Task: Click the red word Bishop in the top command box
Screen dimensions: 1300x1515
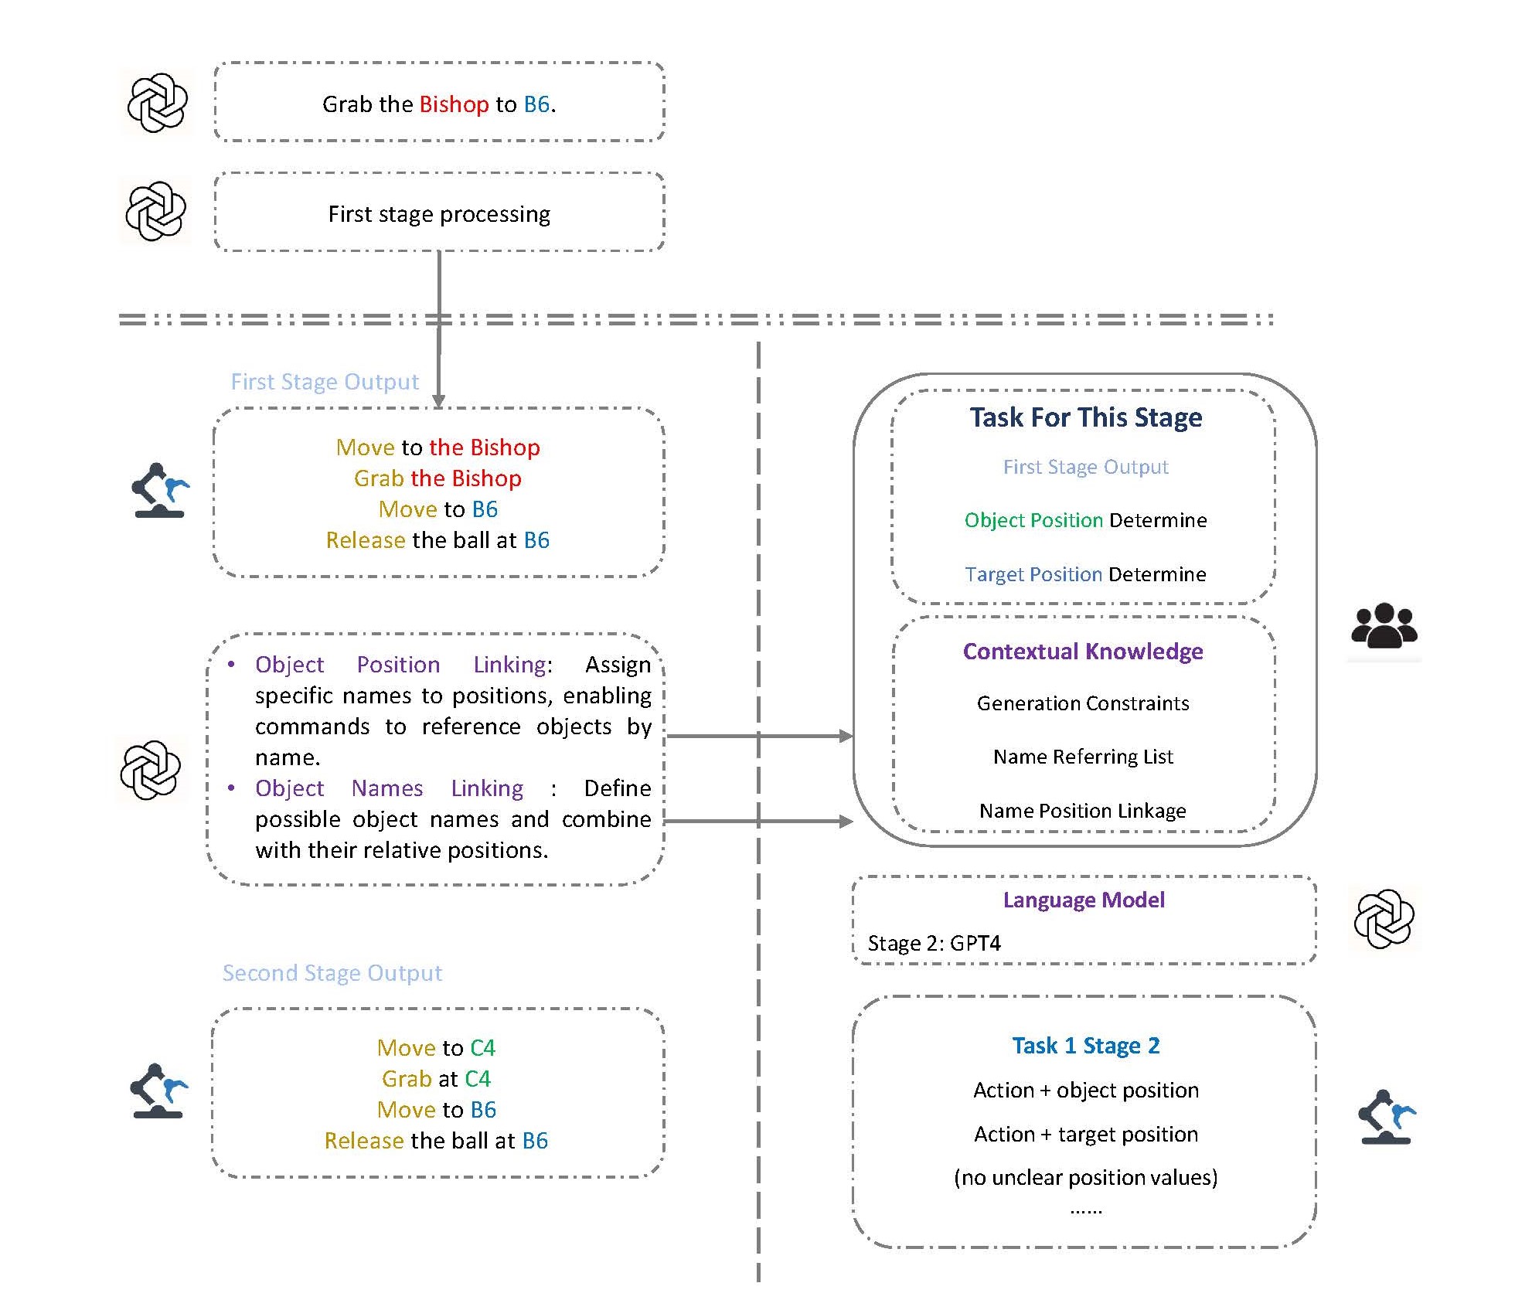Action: pos(454,104)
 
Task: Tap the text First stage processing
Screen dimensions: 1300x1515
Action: pos(439,214)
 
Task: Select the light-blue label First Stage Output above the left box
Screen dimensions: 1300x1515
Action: pos(325,382)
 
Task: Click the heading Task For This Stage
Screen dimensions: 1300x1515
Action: pos(1086,417)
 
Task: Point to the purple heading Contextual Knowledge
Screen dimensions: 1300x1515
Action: pos(1083,652)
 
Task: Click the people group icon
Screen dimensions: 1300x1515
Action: pos(1384,625)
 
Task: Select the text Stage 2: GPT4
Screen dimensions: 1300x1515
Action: pos(934,944)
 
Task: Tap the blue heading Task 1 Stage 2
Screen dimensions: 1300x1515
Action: pos(1086,1046)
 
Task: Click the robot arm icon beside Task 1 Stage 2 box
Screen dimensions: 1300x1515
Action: pos(1387,1117)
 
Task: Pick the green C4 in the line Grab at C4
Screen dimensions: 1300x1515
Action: pos(478,1079)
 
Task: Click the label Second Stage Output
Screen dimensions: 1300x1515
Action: pos(332,973)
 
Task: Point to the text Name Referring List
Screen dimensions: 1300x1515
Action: pos(1083,757)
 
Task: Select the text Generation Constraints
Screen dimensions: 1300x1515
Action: pos(1083,703)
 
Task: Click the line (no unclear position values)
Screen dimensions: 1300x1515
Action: pos(1086,1177)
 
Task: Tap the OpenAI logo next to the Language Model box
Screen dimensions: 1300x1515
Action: pos(1384,919)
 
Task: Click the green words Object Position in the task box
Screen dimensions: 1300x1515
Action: pos(1033,520)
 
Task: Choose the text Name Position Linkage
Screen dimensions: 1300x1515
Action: pos(1083,811)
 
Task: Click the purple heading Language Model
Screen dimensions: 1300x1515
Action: pos(1084,900)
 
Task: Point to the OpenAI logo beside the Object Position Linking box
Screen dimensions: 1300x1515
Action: pos(151,771)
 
